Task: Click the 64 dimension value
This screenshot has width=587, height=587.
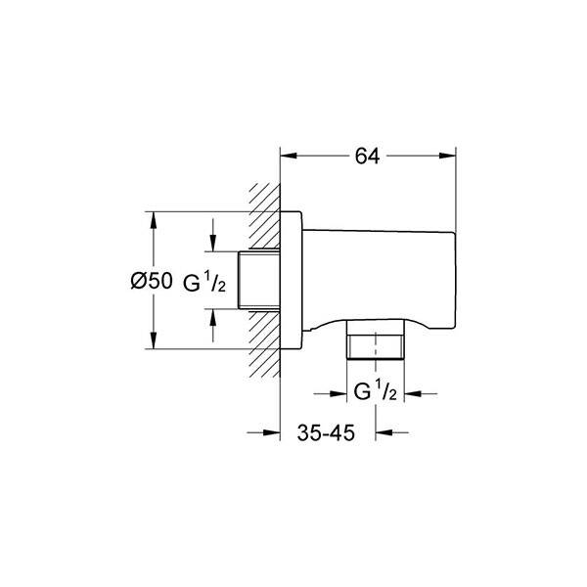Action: click(x=367, y=157)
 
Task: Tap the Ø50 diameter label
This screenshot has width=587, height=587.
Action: click(x=152, y=281)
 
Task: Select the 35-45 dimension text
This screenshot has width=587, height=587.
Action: click(x=326, y=433)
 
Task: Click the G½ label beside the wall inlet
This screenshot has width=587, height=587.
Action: click(x=204, y=283)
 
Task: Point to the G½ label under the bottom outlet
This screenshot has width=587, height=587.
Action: click(x=375, y=391)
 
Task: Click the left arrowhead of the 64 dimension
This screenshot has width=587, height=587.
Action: click(x=289, y=156)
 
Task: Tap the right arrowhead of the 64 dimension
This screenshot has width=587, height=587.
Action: click(x=448, y=156)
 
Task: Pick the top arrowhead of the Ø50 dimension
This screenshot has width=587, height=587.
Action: click(x=153, y=220)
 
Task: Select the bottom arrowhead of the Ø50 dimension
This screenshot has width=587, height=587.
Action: click(x=153, y=340)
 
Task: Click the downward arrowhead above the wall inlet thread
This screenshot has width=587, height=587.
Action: click(x=213, y=243)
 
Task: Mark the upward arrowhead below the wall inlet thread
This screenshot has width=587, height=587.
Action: click(x=213, y=317)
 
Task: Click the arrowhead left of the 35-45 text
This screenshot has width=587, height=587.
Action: click(x=272, y=432)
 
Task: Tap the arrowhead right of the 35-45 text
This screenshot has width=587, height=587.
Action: click(x=384, y=432)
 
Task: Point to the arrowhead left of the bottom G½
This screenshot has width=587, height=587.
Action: click(x=339, y=393)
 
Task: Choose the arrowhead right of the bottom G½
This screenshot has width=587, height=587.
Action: click(x=413, y=393)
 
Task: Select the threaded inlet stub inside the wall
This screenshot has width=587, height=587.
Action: click(x=259, y=280)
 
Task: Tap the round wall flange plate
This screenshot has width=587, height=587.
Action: click(x=291, y=281)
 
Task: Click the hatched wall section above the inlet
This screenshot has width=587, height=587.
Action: click(x=265, y=216)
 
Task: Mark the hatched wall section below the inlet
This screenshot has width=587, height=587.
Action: click(x=265, y=344)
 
